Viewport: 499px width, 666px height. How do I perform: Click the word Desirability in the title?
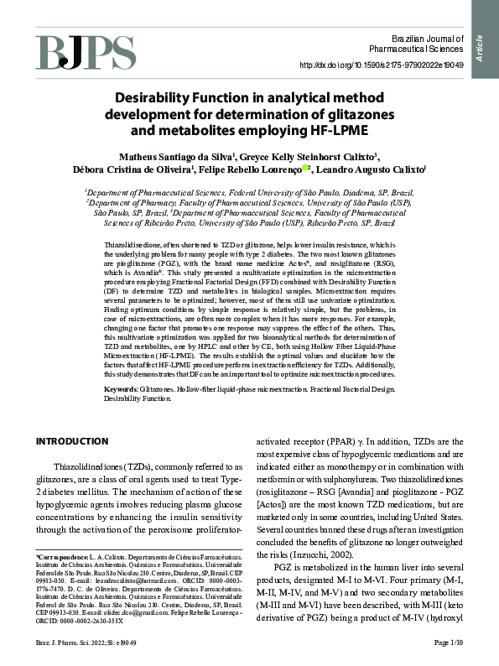157,97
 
